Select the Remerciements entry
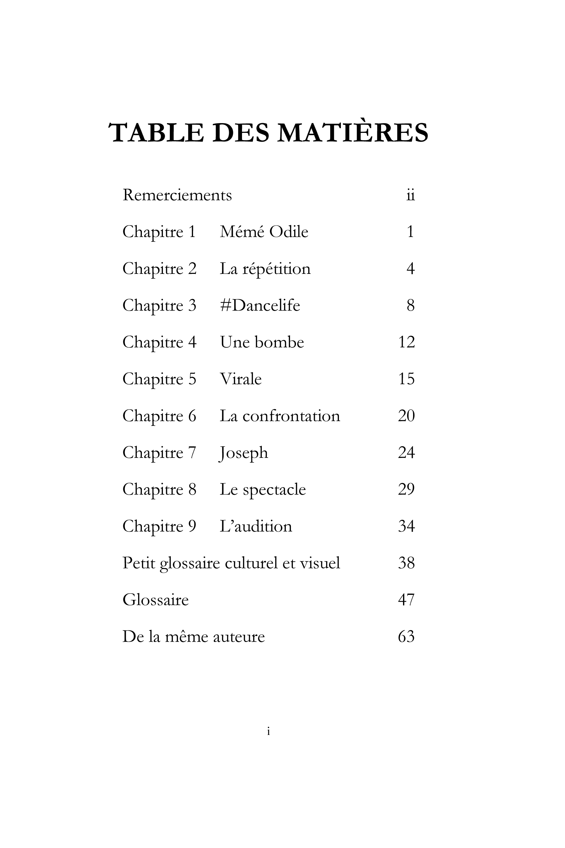[x=177, y=195]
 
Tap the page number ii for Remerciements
[x=411, y=195]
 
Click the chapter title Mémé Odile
[x=264, y=232]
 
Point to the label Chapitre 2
[x=159, y=269]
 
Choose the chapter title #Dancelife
[x=260, y=305]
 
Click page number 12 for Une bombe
[x=406, y=342]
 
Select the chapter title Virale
[x=241, y=379]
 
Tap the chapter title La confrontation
[x=280, y=416]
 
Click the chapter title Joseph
[x=244, y=453]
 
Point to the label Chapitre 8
[x=159, y=490]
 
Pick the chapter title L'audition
[x=256, y=526]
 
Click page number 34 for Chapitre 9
[x=406, y=526]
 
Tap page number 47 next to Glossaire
[x=406, y=600]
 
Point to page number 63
[x=406, y=637]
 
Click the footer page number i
[x=268, y=731]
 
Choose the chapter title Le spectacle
[x=263, y=490]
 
